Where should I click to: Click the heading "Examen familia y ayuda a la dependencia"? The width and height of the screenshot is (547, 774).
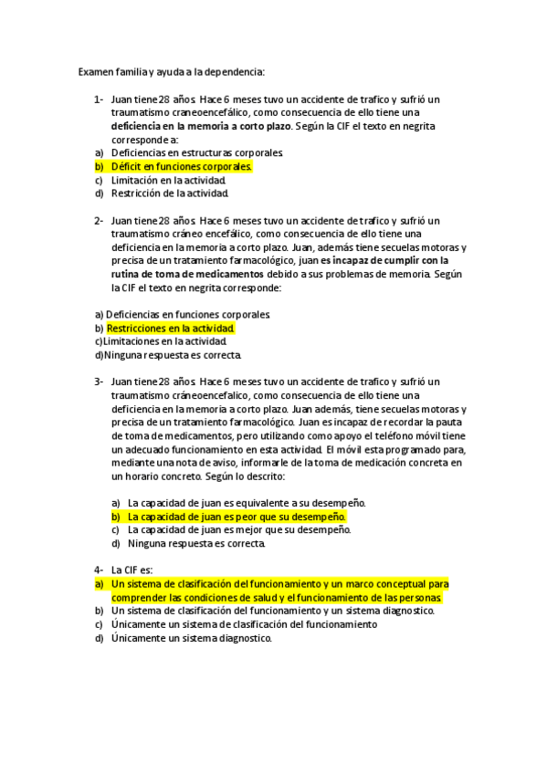(x=171, y=70)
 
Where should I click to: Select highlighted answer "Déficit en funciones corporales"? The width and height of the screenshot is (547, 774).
(x=181, y=167)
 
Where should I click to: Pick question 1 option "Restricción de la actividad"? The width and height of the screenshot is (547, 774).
(x=170, y=193)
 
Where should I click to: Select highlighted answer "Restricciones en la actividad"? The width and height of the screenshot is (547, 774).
(x=171, y=328)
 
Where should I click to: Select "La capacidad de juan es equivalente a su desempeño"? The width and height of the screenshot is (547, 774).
(x=247, y=503)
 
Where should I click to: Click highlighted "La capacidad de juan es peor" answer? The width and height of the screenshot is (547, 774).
(x=237, y=517)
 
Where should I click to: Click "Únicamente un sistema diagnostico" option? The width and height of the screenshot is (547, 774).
(x=192, y=638)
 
